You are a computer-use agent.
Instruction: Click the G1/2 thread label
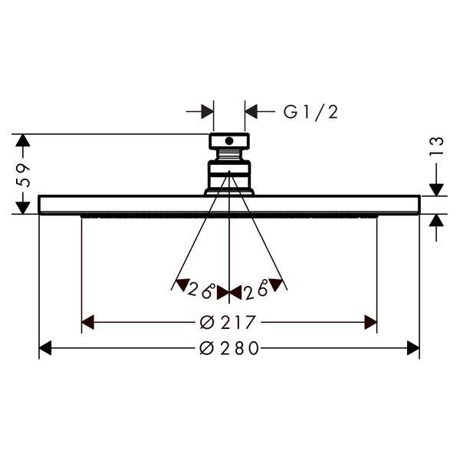pos(310,112)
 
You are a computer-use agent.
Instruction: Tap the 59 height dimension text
pos(23,175)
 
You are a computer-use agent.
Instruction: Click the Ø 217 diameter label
pos(228,323)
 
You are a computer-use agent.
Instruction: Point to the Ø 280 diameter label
pos(229,348)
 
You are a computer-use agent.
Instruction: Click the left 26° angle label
pos(202,291)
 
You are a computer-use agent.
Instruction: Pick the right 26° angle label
pos(256,289)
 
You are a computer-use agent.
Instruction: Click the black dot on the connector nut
pos(229,141)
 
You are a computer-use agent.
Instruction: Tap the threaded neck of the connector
pos(229,155)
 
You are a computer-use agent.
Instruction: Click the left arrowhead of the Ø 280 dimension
pos(45,348)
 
